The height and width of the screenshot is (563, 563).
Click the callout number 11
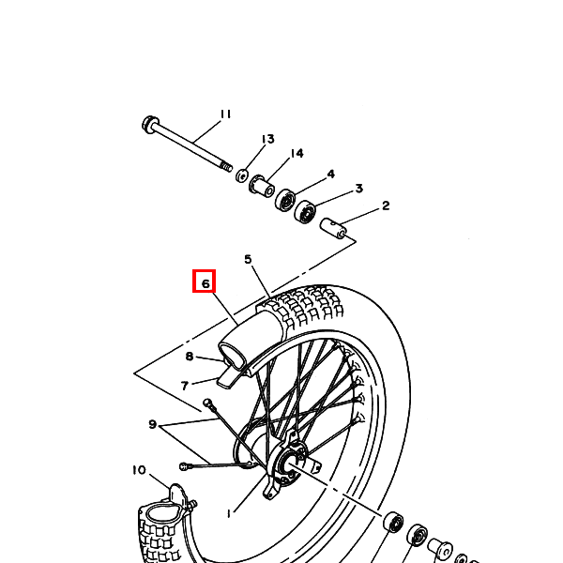pos(225,114)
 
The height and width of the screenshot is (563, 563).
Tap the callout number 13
pos(267,139)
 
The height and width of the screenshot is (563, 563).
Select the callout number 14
pos(297,153)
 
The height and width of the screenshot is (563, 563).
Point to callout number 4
pos(330,175)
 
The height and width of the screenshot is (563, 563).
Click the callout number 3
pos(359,189)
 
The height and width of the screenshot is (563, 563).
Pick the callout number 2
pos(386,205)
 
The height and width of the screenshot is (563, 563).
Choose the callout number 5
pos(248,259)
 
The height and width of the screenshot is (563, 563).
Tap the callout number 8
pos(190,357)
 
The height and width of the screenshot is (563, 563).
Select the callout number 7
pos(185,386)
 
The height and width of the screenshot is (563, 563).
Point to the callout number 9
pos(153,424)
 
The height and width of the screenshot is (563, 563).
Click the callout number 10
pos(139,470)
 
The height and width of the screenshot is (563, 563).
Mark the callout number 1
pos(229,514)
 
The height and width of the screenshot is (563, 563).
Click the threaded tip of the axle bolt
pos(226,167)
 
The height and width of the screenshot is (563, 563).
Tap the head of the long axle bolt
pos(149,124)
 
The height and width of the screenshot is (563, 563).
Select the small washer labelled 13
pos(242,175)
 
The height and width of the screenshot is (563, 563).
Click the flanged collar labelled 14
pos(262,186)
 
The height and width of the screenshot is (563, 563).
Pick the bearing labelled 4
pos(285,199)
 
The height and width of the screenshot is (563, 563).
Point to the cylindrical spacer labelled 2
pos(333,228)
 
